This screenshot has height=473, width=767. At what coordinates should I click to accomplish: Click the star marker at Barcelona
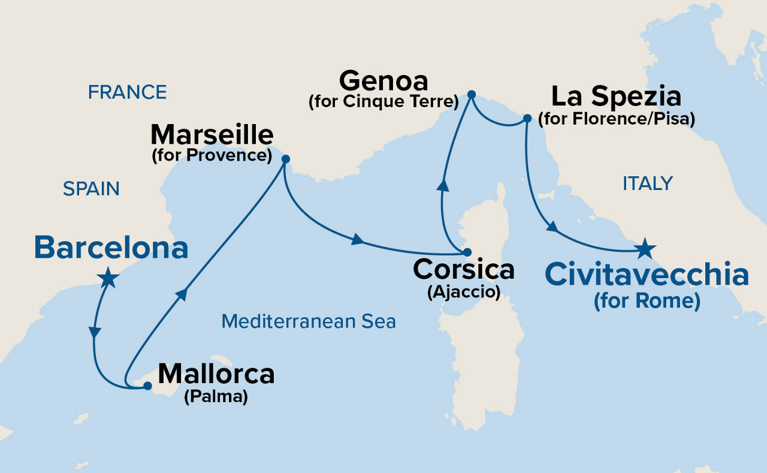(x=108, y=278)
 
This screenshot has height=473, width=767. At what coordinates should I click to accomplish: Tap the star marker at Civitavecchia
(x=645, y=248)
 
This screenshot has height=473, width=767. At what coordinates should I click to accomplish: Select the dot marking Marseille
(x=285, y=159)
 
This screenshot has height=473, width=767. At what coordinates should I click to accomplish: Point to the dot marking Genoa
(x=471, y=94)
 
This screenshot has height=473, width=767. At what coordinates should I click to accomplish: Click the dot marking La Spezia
(x=527, y=118)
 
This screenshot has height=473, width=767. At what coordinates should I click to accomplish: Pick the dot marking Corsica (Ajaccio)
(x=467, y=252)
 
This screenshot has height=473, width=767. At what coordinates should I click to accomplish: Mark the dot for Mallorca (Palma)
(x=147, y=387)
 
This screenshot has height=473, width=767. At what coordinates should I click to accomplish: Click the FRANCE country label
(x=127, y=92)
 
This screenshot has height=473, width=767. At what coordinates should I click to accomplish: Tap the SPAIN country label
(x=91, y=189)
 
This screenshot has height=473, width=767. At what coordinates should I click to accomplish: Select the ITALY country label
(x=647, y=183)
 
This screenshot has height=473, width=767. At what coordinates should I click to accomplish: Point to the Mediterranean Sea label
(x=309, y=321)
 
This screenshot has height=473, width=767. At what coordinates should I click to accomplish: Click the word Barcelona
(x=111, y=248)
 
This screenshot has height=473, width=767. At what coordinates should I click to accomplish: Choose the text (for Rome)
(x=647, y=301)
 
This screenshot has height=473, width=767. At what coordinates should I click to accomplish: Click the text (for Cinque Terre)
(x=383, y=102)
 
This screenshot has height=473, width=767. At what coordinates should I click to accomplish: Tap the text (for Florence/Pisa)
(x=616, y=119)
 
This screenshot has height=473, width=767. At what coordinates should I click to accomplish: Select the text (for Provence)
(x=212, y=155)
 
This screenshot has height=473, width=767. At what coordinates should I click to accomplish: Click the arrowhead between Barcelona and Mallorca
(x=94, y=332)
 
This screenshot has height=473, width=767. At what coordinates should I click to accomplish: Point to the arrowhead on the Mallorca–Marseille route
(x=182, y=293)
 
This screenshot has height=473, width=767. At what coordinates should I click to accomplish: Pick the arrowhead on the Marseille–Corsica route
(x=357, y=240)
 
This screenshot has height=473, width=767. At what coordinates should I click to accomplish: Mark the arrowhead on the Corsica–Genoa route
(x=443, y=185)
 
